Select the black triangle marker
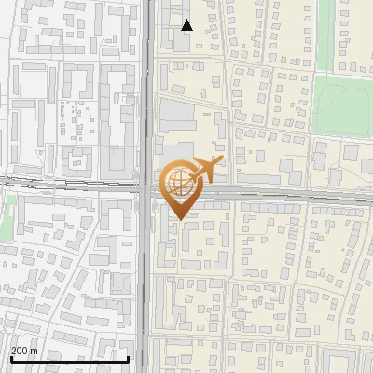pos(187,25)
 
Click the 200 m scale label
pos(24,351)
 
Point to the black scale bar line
pos(69,359)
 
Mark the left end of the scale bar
pos(10,359)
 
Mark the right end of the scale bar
pos(128,359)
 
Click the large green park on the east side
pos(340,103)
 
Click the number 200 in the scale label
pos(20,351)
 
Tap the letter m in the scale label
pos(34,351)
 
